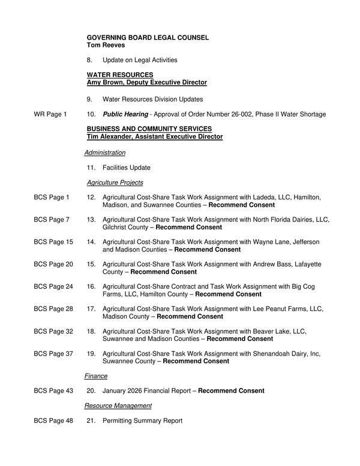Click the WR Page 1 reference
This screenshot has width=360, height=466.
coord(50,114)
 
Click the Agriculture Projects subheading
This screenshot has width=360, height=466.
coord(115,182)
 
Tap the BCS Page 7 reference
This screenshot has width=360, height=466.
coord(52,220)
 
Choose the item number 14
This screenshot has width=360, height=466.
coord(91,242)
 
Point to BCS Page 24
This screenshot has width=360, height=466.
coord(53,286)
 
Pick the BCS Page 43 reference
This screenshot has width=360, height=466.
coord(53,391)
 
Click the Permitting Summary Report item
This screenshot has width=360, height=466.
coord(142,421)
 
